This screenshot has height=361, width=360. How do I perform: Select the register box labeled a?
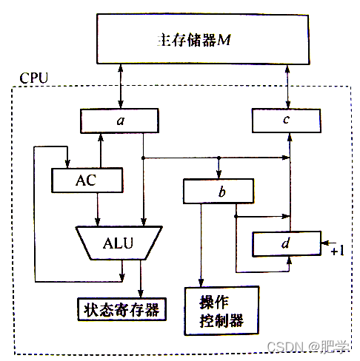tap(119, 118)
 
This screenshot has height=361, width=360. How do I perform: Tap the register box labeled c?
tap(289, 118)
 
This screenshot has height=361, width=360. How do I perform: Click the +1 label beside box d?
tap(338, 252)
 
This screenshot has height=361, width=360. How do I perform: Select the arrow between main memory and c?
tap(287, 86)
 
